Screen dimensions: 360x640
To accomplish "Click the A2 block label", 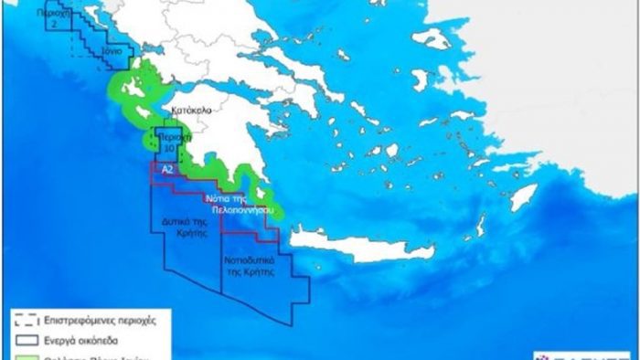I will point(166,171).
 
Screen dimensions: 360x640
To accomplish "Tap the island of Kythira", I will point(266,195).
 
